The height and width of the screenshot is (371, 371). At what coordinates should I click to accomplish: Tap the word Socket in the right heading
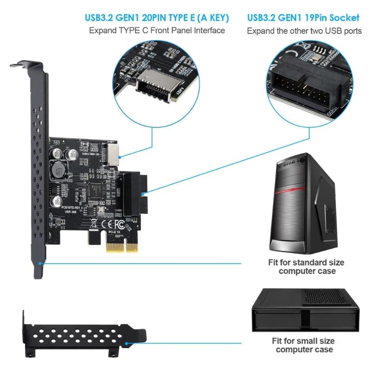tap(344, 18)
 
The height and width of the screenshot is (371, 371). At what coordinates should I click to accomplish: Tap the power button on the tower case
tap(302, 159)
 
